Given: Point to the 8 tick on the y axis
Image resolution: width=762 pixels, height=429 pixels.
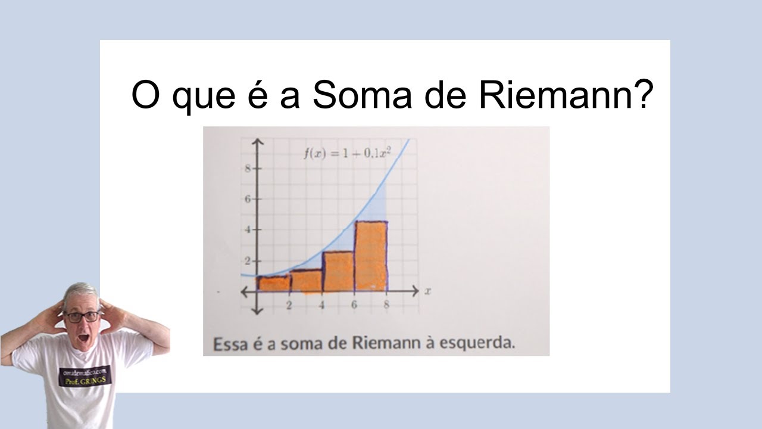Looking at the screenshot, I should point(247,169).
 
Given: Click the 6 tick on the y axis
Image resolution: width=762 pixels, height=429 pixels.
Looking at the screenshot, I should point(247,199).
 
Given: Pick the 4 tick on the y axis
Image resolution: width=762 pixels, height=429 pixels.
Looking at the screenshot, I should point(247,229).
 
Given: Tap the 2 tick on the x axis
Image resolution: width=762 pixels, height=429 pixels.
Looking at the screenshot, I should point(289,306).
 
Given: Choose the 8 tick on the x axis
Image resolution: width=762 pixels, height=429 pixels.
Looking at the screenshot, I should point(386,306).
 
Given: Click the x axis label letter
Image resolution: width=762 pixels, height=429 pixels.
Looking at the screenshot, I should point(427,291).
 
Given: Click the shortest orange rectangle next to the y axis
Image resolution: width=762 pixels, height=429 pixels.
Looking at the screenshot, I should point(274,284).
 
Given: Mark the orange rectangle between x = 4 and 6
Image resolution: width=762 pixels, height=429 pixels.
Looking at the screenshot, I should point(338,272).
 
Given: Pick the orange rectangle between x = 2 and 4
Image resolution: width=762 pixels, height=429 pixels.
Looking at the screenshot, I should point(306,281).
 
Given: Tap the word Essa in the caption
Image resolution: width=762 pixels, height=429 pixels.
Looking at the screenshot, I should point(226,343).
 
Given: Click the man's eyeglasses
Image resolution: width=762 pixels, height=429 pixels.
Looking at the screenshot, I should point(82,317).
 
